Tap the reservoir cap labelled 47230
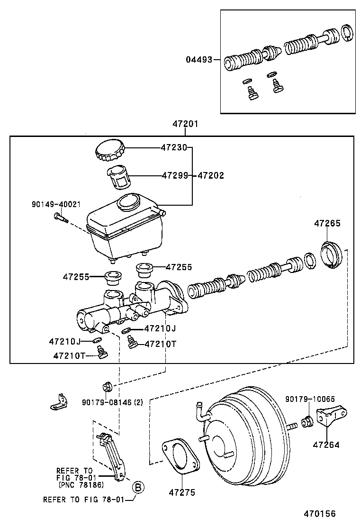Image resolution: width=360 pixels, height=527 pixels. pyautogui.click(x=110, y=151)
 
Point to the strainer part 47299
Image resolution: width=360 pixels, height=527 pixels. pyautogui.click(x=117, y=177)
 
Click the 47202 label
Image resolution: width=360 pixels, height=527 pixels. pyautogui.click(x=210, y=175)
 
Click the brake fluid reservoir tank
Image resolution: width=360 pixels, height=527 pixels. pyautogui.click(x=125, y=227)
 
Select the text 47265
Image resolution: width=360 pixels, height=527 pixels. pyautogui.click(x=327, y=223)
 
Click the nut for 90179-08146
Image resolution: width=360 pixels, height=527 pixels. pyautogui.click(x=107, y=386)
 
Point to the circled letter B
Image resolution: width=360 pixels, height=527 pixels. pyautogui.click(x=137, y=487)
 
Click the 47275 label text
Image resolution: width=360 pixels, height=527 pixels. pyautogui.click(x=182, y=493)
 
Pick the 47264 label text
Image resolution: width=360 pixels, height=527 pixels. pyautogui.click(x=326, y=445)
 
